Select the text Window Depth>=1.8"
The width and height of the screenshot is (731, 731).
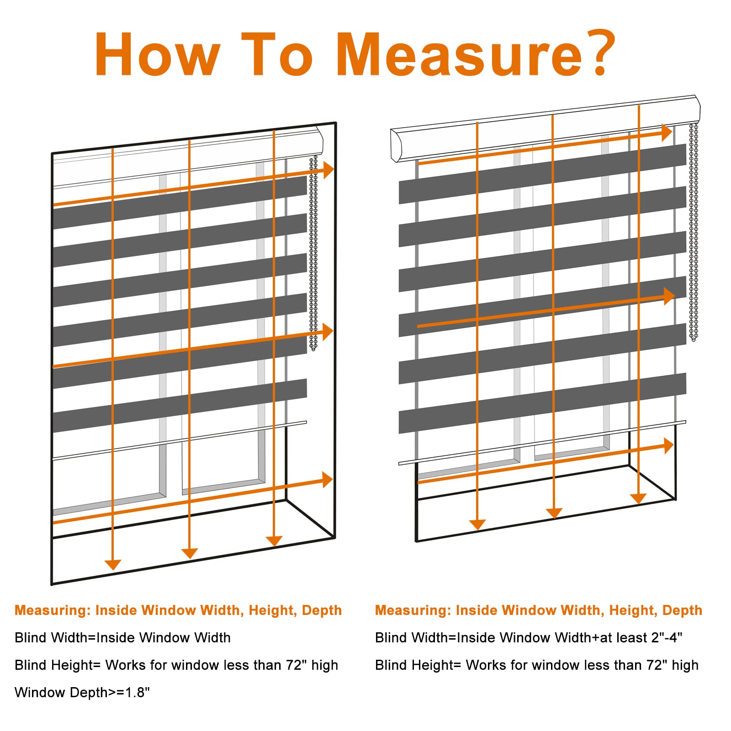coord(82,693)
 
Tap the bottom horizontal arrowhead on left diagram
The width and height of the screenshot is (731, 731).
coord(328,480)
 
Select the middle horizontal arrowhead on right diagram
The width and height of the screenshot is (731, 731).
coord(670,296)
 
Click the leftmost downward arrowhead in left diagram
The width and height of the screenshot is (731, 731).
coord(112,565)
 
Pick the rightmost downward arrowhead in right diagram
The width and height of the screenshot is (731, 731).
coord(638,498)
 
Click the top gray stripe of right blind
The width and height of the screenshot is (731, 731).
coord(544,174)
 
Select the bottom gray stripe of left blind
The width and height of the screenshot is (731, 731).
coord(178,406)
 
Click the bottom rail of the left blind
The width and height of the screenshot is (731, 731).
coord(178,440)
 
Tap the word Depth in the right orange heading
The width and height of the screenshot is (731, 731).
coord(682,610)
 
